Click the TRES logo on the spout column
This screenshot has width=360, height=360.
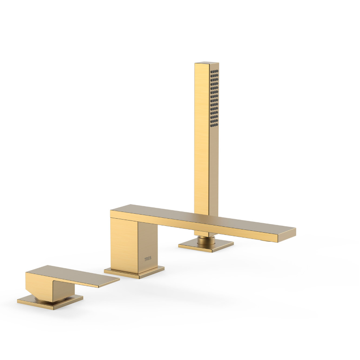(148, 259)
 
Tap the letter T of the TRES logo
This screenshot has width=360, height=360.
(145, 259)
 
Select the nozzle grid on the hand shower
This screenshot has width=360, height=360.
(215, 98)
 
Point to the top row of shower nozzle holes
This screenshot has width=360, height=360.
(215, 71)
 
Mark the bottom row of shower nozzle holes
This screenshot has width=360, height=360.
(215, 126)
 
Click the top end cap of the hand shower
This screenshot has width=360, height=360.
(207, 63)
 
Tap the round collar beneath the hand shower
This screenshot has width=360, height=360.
(206, 240)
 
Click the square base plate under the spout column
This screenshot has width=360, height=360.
(134, 272)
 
